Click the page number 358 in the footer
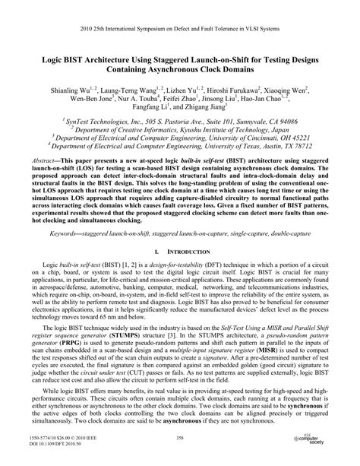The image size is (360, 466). tap(180, 439)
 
